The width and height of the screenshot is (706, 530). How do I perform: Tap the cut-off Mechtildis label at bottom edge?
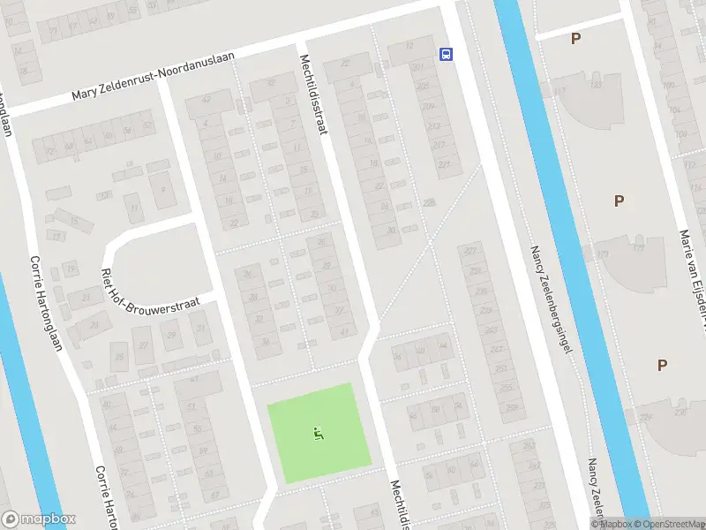(399, 504)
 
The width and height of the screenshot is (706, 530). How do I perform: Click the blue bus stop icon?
(447, 54)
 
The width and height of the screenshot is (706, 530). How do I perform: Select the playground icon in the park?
(318, 433)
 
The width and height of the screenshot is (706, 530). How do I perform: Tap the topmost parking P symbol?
(575, 38)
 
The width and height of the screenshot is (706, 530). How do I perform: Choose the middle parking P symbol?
(619, 201)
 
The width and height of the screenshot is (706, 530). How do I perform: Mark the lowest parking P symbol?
(662, 365)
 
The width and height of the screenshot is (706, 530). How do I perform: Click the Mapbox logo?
(37, 519)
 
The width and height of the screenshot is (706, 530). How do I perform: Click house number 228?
(430, 203)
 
